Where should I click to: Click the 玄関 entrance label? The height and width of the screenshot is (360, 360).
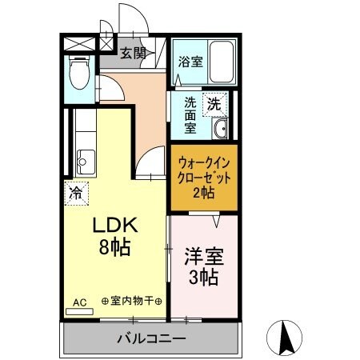coord(134,54)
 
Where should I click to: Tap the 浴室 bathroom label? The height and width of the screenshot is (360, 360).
coord(190,61)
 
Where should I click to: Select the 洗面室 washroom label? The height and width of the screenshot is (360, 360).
coord(190,114)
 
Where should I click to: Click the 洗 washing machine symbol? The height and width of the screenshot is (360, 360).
coord(214,102)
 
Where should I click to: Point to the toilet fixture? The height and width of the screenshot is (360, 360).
coord(79,74)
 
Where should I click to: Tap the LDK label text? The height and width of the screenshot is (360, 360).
coord(118,226)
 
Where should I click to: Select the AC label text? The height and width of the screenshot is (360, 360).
coord(80,302)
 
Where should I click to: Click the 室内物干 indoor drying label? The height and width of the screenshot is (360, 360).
coord(132,302)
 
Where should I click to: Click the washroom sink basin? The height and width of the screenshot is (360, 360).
coord(221,128)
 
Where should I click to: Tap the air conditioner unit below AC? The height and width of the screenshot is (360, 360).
coord(79,310)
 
